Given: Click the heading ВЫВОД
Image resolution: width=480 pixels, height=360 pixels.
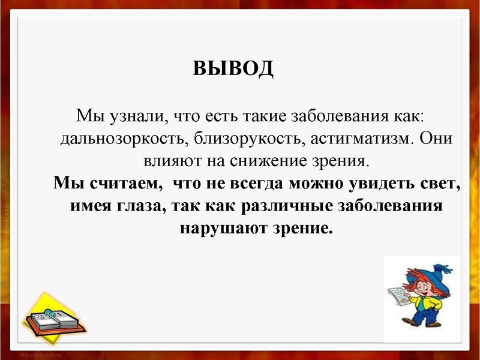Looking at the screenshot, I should pos(233,68).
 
